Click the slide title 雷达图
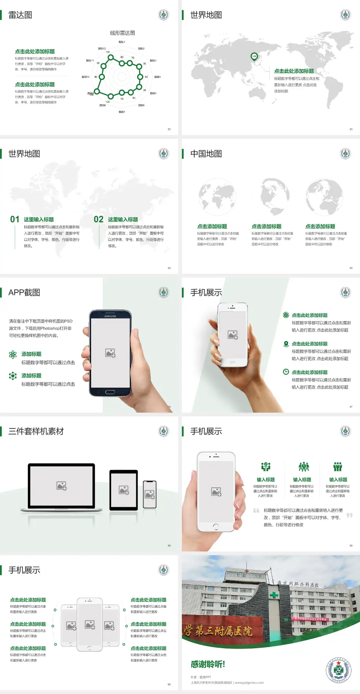20,15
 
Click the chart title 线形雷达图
122,33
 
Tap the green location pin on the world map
254,57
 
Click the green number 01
15,219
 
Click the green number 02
99,219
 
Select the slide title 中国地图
206,154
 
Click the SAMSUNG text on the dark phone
110,316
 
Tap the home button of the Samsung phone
110,392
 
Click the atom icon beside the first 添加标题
13,355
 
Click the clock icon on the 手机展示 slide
286,372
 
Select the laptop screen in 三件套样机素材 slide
61,485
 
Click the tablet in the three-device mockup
124,490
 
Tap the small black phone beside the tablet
150,494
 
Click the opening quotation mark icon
256,511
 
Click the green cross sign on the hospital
274,595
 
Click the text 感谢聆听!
208,664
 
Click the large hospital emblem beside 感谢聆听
338,670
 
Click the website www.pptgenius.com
249,683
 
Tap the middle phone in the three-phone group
90,624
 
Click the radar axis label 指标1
121,42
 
